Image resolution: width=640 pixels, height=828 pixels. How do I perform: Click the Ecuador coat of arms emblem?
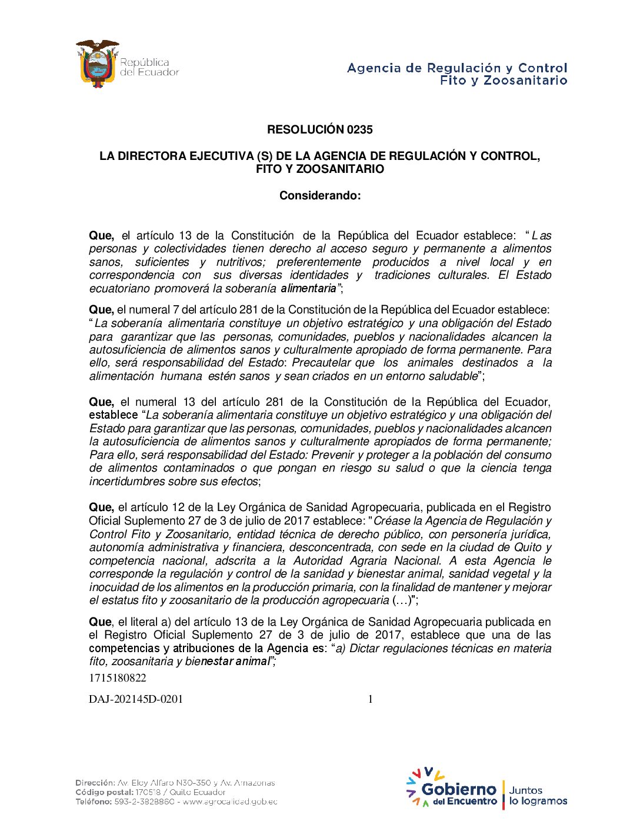(x=97, y=64)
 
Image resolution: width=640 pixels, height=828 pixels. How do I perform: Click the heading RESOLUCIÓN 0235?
(x=319, y=130)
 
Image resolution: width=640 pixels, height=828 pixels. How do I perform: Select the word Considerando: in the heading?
(x=319, y=196)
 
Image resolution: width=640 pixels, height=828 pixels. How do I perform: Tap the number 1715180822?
(x=118, y=678)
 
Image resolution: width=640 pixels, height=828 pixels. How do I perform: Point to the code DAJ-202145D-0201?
(x=136, y=699)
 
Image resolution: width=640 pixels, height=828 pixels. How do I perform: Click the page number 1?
(x=370, y=699)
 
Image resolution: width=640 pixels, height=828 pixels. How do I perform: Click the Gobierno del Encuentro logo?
(x=453, y=789)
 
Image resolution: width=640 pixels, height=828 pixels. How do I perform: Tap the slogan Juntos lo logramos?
(x=538, y=796)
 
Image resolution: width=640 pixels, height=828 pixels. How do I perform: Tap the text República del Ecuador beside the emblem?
(x=149, y=67)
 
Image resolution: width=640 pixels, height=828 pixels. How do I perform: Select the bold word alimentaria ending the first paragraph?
(x=308, y=289)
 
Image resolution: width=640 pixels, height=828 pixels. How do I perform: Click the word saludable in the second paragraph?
(x=447, y=376)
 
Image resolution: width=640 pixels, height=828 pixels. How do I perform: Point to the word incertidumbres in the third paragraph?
(x=122, y=482)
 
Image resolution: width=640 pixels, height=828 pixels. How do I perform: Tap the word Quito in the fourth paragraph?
(x=528, y=547)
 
